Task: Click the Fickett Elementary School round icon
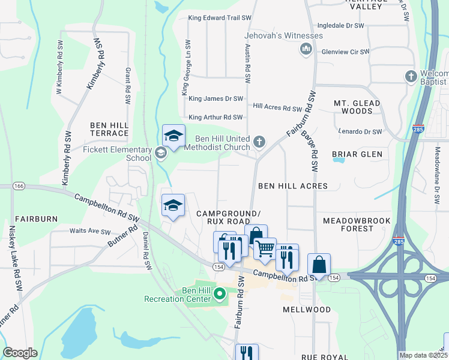[x=161, y=152]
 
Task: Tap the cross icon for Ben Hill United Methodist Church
[x=259, y=142]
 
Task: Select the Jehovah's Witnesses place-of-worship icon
[x=306, y=48]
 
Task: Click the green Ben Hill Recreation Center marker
[x=219, y=294]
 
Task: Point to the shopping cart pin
[x=265, y=248]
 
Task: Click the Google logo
[x=20, y=353]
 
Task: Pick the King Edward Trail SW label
[x=215, y=18]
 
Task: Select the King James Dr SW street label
[x=215, y=98]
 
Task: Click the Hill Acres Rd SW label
[x=277, y=108]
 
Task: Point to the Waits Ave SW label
[x=90, y=232]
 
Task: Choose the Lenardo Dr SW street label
[x=360, y=131]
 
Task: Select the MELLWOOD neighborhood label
[x=306, y=310]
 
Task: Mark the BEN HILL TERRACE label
[x=109, y=129]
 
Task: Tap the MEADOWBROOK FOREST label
[x=357, y=224]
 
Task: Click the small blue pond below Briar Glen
[x=339, y=160]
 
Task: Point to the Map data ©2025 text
[x=424, y=355]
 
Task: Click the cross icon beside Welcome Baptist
[x=411, y=76]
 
